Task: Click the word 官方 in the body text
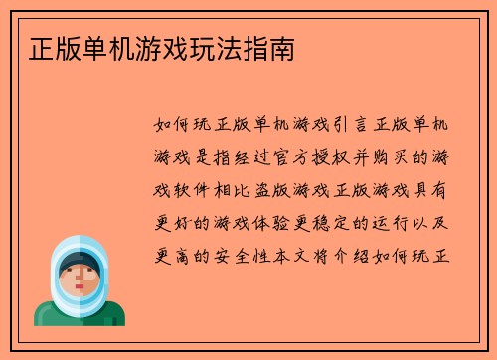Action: (x=314, y=156)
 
